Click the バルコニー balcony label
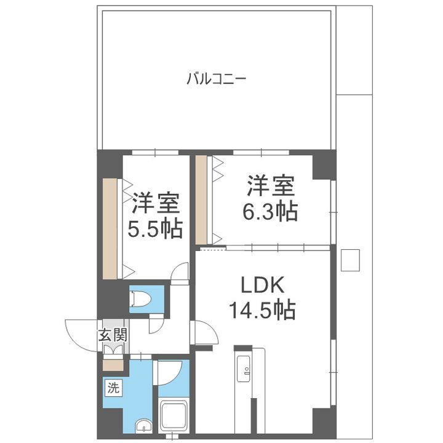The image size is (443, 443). point(217,79)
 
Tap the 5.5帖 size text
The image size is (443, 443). point(154,229)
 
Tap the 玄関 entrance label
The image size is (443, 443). point(112,335)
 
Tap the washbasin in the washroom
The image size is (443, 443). point(143,426)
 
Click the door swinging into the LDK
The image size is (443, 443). point(206,333)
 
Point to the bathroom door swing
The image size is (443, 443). point(169,373)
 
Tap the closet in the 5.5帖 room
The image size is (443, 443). point(110,227)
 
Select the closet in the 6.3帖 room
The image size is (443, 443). point(201,201)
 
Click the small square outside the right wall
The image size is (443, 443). point(350,259)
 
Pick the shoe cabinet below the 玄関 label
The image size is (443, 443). point(113,364)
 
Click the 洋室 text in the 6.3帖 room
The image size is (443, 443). point(271,185)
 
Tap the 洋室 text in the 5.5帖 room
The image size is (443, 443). point(155,204)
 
